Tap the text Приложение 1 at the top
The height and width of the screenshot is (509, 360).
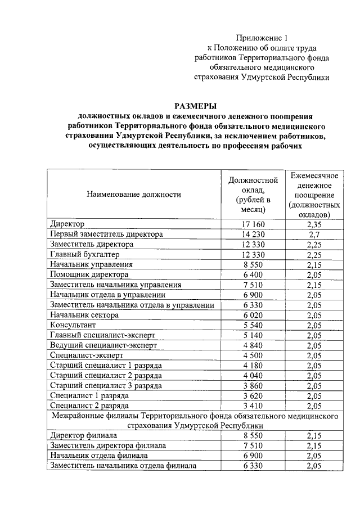pyautogui.click(x=261, y=38)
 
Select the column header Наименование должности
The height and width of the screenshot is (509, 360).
pyautogui.click(x=133, y=194)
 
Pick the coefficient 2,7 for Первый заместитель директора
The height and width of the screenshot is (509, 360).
pyautogui.click(x=314, y=235)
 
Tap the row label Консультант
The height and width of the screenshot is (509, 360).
pyautogui.click(x=73, y=325)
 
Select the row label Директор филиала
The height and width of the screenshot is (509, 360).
pyautogui.click(x=83, y=436)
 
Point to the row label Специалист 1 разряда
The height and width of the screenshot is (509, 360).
pyautogui.click(x=88, y=395)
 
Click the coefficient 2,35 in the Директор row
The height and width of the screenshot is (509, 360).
pyautogui.click(x=314, y=224)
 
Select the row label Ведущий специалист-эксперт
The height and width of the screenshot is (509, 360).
pyautogui.click(x=103, y=345)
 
